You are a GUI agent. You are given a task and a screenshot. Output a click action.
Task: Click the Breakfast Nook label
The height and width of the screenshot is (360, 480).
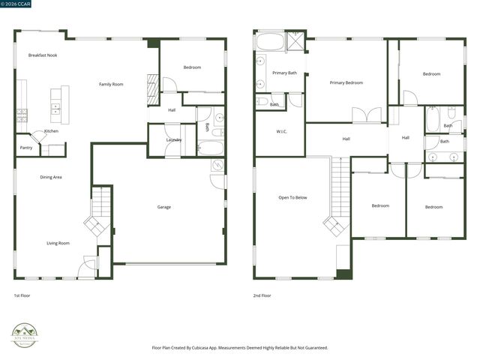pyautogui.click(x=43, y=55)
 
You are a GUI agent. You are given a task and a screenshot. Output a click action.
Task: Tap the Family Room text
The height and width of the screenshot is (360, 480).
pyautogui.click(x=111, y=84)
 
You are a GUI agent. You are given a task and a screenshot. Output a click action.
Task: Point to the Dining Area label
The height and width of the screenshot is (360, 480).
pyautogui.click(x=50, y=177)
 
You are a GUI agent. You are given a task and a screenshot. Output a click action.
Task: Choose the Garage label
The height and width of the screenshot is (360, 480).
pyautogui.click(x=163, y=207)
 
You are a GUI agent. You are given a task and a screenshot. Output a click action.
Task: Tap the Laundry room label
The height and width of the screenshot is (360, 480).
pyautogui.click(x=174, y=140)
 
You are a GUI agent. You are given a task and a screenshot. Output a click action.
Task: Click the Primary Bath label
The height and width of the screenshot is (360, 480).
pyautogui.click(x=284, y=73)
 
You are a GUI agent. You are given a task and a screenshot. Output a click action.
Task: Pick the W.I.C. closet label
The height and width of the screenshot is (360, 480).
pyautogui.click(x=281, y=132)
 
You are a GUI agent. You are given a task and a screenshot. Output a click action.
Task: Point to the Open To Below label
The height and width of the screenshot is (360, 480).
pyautogui.click(x=292, y=197)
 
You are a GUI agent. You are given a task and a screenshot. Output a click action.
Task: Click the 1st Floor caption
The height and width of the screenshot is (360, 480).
pyautogui.click(x=22, y=295)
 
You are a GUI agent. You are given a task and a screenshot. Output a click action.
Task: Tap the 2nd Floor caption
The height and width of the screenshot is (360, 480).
pyautogui.click(x=262, y=295)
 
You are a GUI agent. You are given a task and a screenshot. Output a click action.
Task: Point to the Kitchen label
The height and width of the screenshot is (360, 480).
pyautogui.click(x=51, y=131)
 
